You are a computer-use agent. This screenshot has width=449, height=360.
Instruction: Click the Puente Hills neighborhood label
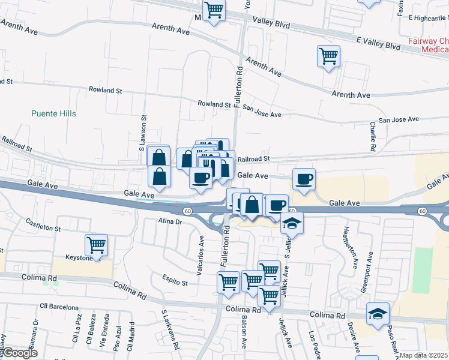coord(52,112)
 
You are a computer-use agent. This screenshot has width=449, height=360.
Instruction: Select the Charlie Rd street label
coord(373,136)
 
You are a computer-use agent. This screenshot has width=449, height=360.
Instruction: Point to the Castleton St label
coord(43,226)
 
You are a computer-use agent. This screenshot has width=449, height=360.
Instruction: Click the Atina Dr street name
coord(170,221)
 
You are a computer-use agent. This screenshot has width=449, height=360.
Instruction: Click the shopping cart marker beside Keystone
coord(96,244)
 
